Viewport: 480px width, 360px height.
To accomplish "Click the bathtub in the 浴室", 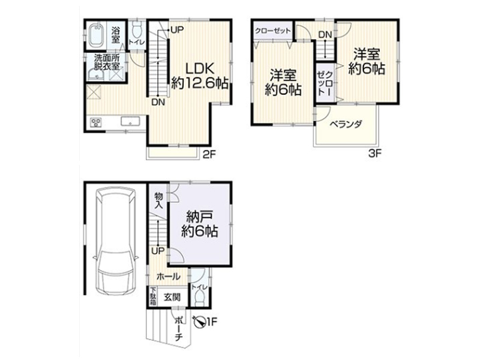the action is pyautogui.click(x=97, y=35).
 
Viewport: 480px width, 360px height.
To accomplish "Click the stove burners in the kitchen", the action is pyautogui.click(x=96, y=123).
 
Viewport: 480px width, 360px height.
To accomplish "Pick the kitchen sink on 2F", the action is pyautogui.click(x=131, y=122).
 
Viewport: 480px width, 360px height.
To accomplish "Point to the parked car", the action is pyautogui.click(x=115, y=241).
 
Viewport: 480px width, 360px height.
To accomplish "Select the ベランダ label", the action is pyautogui.click(x=346, y=124).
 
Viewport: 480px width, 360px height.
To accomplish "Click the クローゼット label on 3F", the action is pyautogui.click(x=272, y=31).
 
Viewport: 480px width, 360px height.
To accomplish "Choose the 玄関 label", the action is pyautogui.click(x=172, y=297).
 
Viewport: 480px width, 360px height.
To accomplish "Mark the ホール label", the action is pyautogui.click(x=169, y=277).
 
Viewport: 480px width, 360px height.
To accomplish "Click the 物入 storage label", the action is pyautogui.click(x=158, y=200).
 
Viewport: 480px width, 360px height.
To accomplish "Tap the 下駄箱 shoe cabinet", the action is pyautogui.click(x=153, y=296).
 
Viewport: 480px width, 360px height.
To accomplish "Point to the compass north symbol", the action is pyautogui.click(x=199, y=322).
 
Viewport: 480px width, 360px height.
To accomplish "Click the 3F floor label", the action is pyautogui.click(x=375, y=153).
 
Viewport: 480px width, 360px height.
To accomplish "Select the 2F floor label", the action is pyautogui.click(x=209, y=154).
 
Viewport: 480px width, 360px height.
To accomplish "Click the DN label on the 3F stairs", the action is pyautogui.click(x=325, y=35).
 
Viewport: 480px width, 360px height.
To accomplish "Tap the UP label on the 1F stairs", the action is pyautogui.click(x=158, y=251).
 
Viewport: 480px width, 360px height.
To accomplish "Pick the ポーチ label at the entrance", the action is pyautogui.click(x=179, y=328).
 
